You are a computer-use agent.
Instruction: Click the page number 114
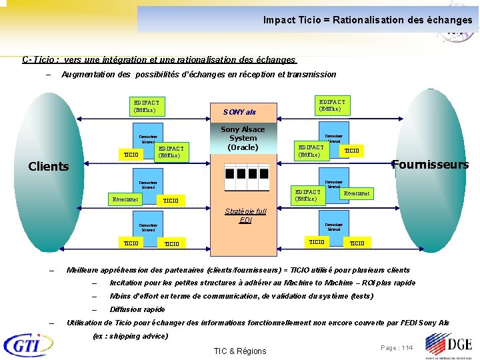397,348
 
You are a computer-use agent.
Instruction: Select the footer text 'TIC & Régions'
239,351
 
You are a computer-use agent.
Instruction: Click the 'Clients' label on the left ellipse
49,166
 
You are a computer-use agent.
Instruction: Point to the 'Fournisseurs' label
430,164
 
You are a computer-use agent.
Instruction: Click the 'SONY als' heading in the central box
239,112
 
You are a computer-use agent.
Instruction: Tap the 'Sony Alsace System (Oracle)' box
243,138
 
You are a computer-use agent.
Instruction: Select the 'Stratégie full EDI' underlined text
245,215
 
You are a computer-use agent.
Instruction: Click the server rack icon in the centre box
243,178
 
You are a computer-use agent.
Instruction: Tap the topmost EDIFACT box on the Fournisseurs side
331,104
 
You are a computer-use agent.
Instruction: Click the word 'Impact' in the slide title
279,20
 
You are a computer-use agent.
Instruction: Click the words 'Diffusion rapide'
137,309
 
